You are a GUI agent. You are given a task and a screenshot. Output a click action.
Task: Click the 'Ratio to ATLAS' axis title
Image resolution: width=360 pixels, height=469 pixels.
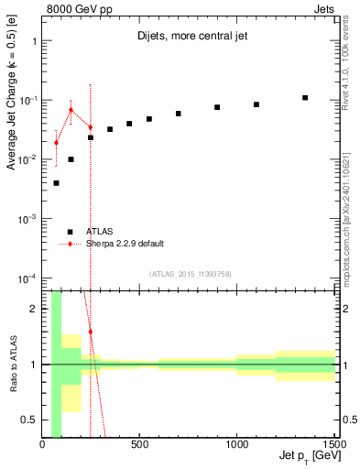pos(14,365)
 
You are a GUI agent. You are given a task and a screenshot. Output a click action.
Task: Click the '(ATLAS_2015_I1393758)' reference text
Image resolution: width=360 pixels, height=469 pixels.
pos(191,273)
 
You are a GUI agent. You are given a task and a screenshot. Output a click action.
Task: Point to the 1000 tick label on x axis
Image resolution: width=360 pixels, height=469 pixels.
pos(236,444)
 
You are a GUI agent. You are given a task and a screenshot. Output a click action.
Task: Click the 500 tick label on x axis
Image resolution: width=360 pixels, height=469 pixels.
pos(139,444)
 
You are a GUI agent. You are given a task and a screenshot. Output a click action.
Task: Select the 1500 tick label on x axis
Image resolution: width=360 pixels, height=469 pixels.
pos(333,444)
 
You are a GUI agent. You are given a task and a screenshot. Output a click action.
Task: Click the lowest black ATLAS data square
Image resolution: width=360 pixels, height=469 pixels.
pos(56,183)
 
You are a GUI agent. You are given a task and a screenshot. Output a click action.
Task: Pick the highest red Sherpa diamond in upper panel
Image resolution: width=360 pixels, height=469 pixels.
pos(71,110)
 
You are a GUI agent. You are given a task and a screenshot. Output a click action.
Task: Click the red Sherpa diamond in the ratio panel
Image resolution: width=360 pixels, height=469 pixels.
pos(90,331)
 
